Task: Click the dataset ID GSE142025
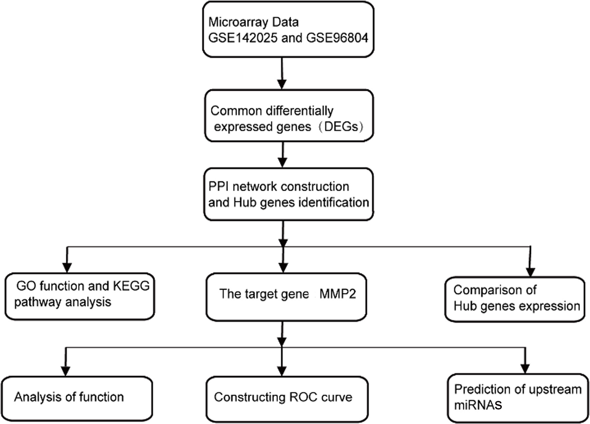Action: [x=243, y=38]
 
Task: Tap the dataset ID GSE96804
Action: [x=337, y=38]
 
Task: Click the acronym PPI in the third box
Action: [x=218, y=187]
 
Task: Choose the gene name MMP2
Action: [x=338, y=294]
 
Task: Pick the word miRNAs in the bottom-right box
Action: [x=478, y=405]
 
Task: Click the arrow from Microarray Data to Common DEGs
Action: [x=282, y=73]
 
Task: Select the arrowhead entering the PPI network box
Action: [x=282, y=162]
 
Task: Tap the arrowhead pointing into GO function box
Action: [x=67, y=267]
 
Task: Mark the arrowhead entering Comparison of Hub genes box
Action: [x=531, y=271]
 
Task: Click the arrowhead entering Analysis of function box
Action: [x=66, y=371]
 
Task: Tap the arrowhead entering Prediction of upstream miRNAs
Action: [x=525, y=368]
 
